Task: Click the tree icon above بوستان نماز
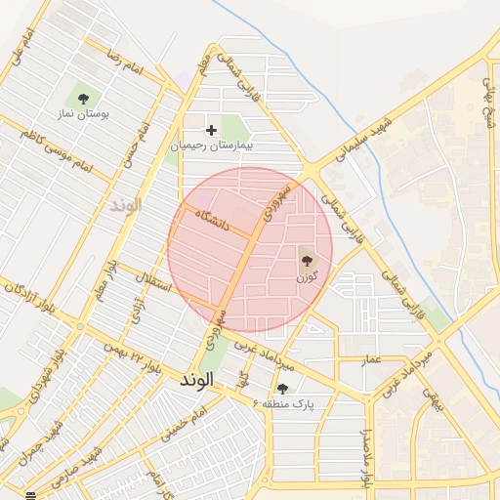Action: (83, 98)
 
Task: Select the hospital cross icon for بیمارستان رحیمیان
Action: (211, 129)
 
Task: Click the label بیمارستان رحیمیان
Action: (212, 145)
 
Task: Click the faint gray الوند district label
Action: (126, 205)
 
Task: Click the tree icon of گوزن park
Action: (307, 260)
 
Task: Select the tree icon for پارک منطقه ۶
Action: (282, 389)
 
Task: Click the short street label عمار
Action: (371, 360)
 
